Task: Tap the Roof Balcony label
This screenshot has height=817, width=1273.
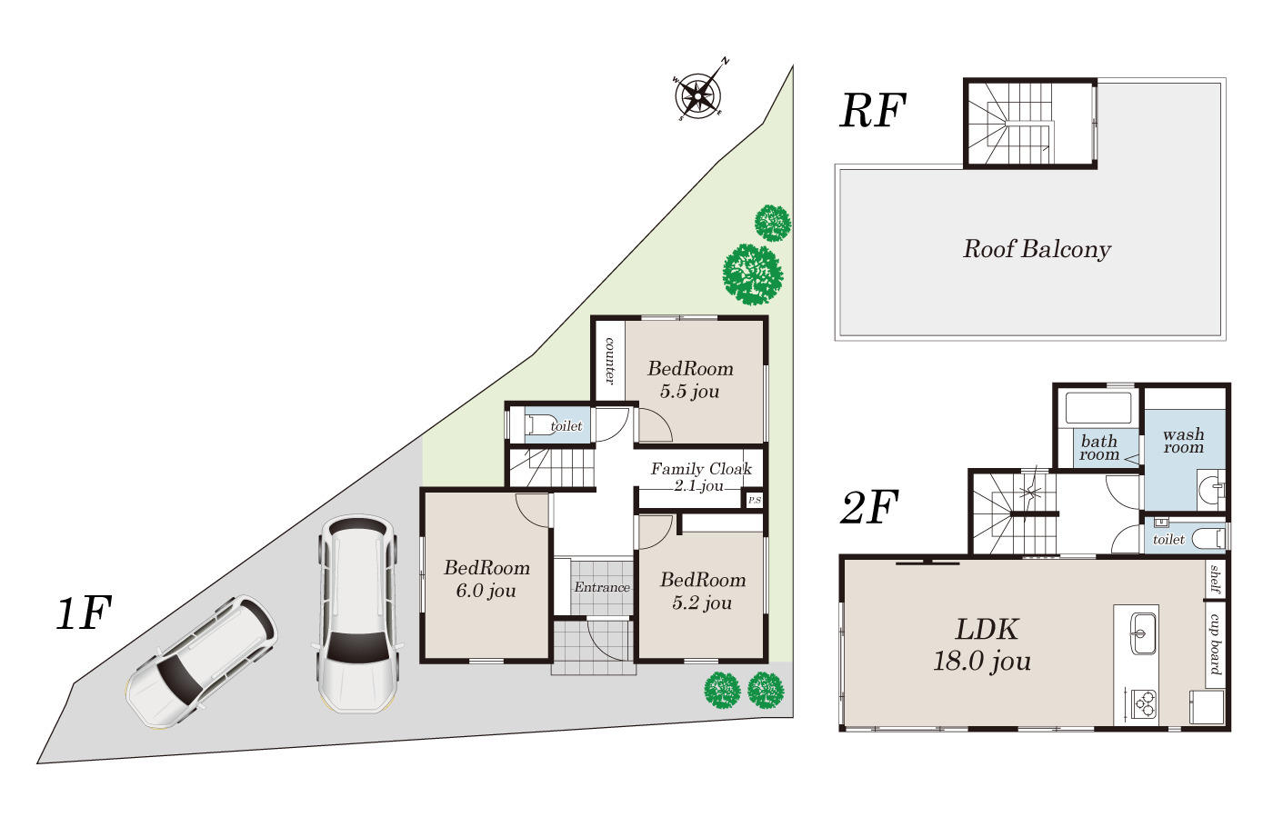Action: click(1037, 249)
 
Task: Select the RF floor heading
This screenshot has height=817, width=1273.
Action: click(872, 112)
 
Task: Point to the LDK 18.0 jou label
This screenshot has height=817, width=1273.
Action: click(983, 645)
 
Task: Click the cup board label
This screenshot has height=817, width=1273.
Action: click(1215, 643)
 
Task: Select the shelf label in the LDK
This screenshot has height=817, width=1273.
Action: click(1215, 578)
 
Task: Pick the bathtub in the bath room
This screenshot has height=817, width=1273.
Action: click(1098, 408)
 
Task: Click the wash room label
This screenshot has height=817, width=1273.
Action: click(1183, 441)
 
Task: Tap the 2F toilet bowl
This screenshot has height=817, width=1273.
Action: click(1208, 538)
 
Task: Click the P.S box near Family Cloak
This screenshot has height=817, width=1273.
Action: click(754, 500)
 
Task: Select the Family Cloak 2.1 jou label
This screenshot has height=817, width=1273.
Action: click(701, 477)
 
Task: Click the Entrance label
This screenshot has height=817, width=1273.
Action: click(602, 587)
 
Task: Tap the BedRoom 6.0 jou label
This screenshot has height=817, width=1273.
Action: click(486, 579)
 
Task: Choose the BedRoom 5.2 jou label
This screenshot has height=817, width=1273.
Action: click(702, 591)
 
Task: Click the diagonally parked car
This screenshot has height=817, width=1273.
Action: click(202, 661)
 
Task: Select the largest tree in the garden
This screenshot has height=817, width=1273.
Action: click(752, 274)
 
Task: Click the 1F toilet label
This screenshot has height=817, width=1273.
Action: click(566, 426)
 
